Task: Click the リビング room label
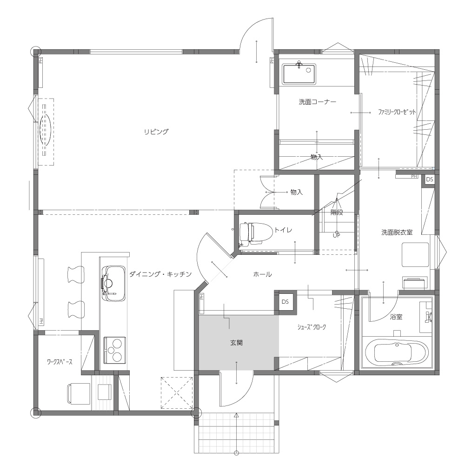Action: (156, 132)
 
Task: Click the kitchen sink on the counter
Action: (113, 284)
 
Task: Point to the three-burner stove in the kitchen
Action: (114, 350)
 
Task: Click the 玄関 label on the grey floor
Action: (236, 343)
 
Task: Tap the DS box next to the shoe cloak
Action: (285, 302)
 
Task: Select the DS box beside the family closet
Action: (429, 179)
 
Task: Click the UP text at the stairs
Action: (336, 235)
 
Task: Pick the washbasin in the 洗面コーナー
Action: (299, 73)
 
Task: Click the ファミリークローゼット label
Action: (397, 112)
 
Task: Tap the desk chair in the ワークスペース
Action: (79, 393)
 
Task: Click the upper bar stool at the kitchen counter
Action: (76, 275)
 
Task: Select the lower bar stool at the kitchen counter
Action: (76, 310)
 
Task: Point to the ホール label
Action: (262, 274)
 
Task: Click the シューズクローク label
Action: (312, 327)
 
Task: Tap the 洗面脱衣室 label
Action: (397, 232)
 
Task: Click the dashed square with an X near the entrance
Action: (177, 393)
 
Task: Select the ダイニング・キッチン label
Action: (160, 274)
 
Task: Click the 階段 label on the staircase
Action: (337, 213)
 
